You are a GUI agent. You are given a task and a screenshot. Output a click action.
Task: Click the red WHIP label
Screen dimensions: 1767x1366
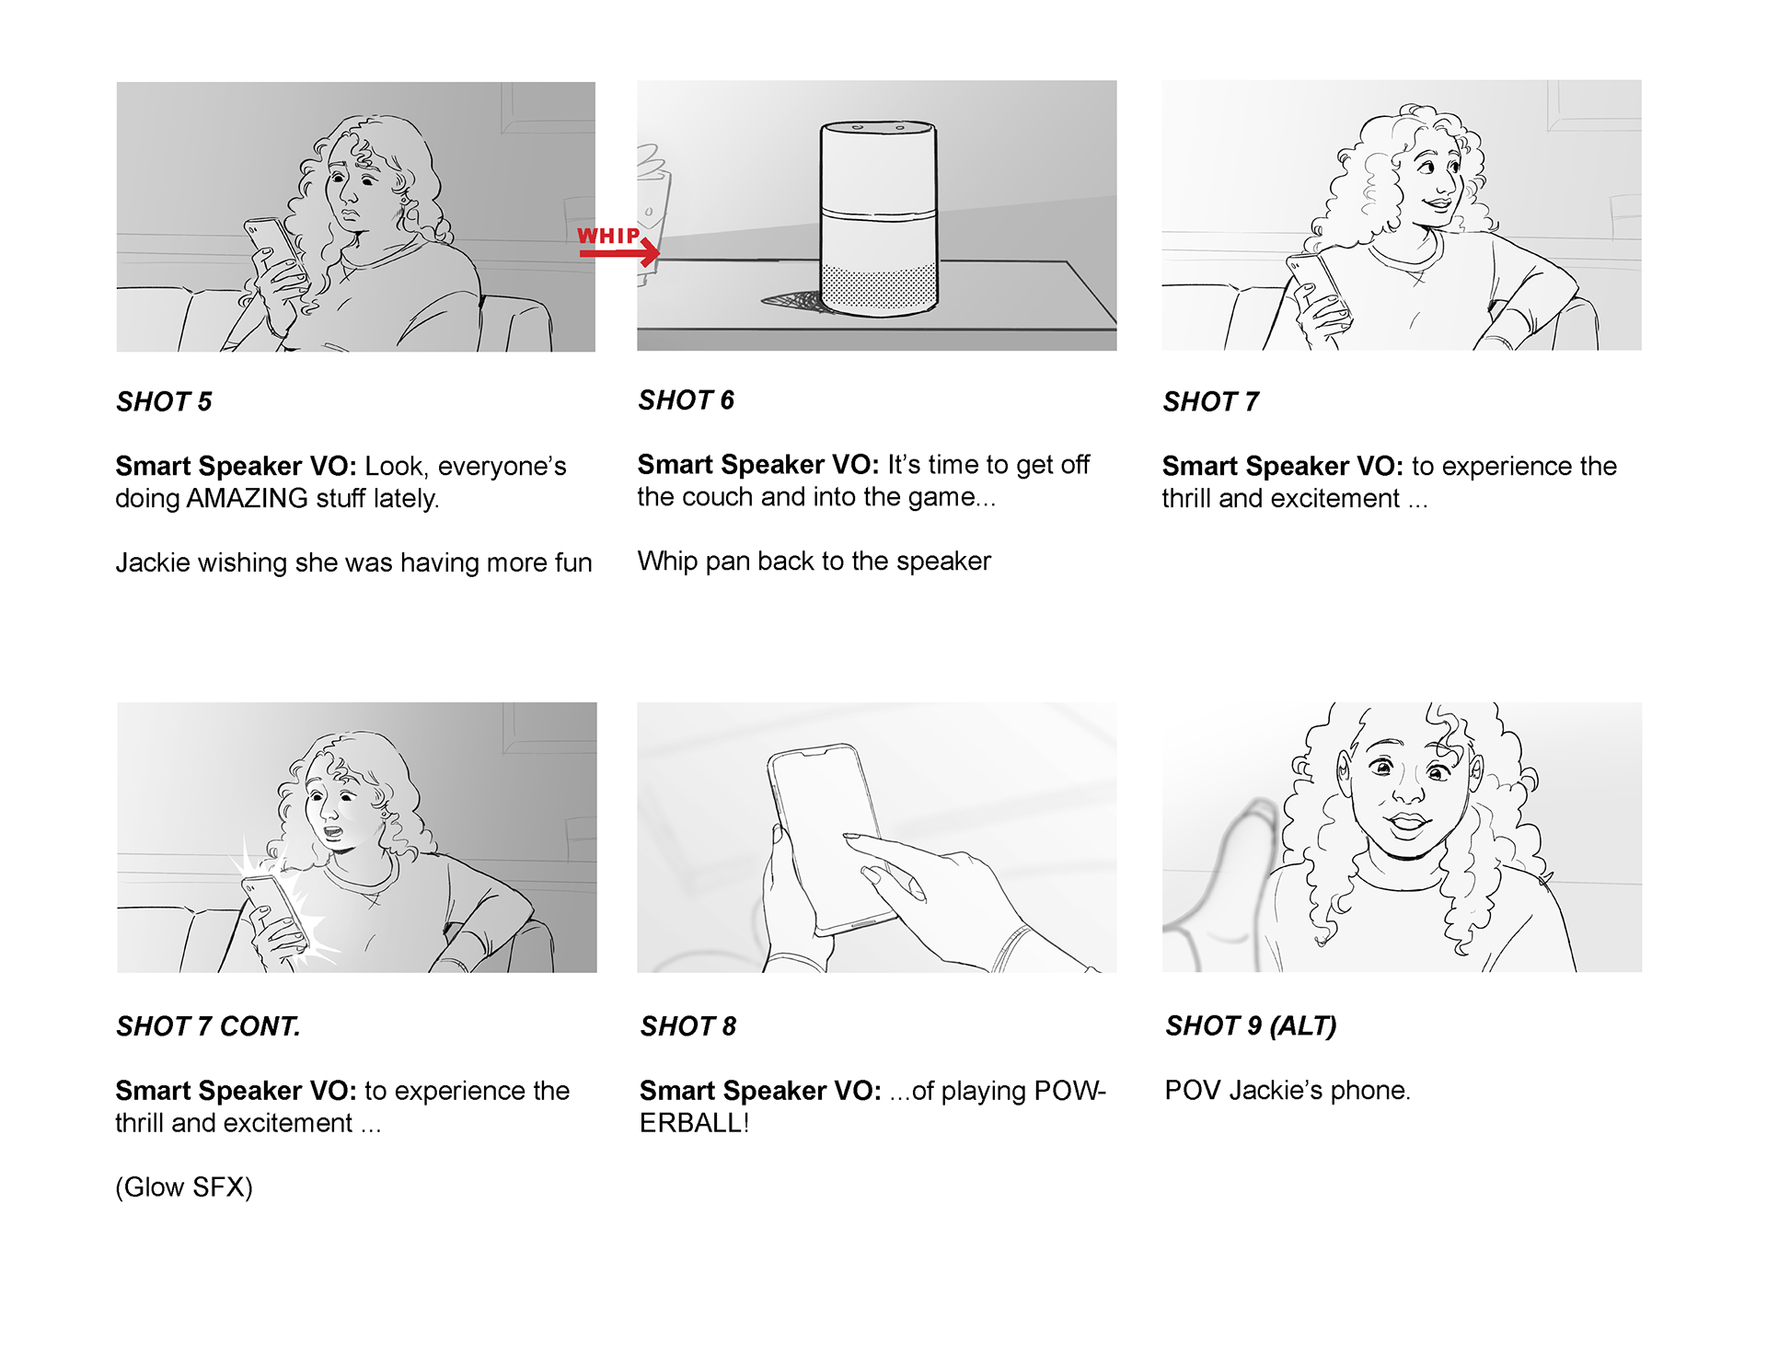(608, 236)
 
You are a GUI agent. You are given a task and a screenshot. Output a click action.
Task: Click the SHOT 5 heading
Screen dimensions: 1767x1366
(164, 402)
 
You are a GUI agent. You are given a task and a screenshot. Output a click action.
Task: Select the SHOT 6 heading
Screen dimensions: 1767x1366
(686, 400)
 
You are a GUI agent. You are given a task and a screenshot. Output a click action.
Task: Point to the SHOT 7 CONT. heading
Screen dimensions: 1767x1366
(208, 1026)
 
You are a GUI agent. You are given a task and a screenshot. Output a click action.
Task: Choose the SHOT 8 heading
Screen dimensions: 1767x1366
(688, 1026)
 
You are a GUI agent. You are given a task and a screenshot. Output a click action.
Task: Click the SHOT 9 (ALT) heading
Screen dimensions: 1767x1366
(1251, 1025)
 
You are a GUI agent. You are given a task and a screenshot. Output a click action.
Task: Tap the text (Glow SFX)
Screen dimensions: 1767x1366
(184, 1187)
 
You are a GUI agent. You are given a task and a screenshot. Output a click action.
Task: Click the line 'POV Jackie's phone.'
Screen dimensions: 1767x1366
(1287, 1091)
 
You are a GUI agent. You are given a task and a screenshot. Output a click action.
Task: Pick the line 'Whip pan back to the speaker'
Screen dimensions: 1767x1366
(814, 561)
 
